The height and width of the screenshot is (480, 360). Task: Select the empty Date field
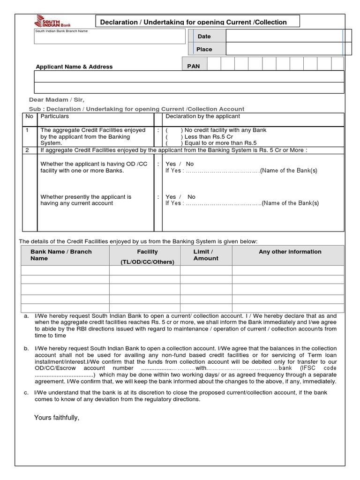[x=284, y=36]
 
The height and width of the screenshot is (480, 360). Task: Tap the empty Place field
[x=284, y=49]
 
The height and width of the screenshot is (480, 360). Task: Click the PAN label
[x=194, y=66]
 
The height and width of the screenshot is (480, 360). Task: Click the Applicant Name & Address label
[x=74, y=67]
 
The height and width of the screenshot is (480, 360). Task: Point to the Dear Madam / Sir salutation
[x=57, y=100]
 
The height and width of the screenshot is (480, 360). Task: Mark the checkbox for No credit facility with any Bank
[x=174, y=130]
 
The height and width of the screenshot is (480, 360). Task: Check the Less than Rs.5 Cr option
[x=174, y=136]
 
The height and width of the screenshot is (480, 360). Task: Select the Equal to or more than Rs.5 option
[x=174, y=143]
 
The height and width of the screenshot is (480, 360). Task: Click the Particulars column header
[x=54, y=116]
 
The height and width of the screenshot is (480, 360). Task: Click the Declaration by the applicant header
[x=202, y=116]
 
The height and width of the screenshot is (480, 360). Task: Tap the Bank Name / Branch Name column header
[x=61, y=255]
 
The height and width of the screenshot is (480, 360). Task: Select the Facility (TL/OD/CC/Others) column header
[x=147, y=257]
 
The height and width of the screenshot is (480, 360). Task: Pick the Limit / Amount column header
[x=206, y=255]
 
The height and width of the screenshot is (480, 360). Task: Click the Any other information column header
[x=290, y=252]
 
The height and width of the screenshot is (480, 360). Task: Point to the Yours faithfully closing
[x=57, y=418]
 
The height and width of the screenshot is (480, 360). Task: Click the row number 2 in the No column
[x=27, y=150]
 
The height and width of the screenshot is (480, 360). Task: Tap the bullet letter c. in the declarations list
[x=26, y=392]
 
